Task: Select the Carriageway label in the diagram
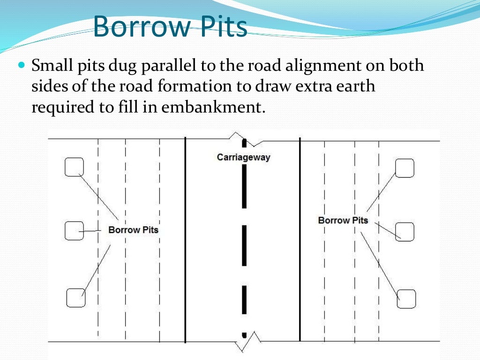click(243, 157)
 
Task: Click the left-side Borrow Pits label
click(133, 230)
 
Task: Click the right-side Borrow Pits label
click(343, 220)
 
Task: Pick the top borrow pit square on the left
click(74, 167)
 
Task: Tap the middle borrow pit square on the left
click(74, 231)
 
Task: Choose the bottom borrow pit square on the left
click(75, 298)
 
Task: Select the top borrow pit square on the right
click(405, 168)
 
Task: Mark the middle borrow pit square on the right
click(405, 232)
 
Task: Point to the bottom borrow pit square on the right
click(406, 299)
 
